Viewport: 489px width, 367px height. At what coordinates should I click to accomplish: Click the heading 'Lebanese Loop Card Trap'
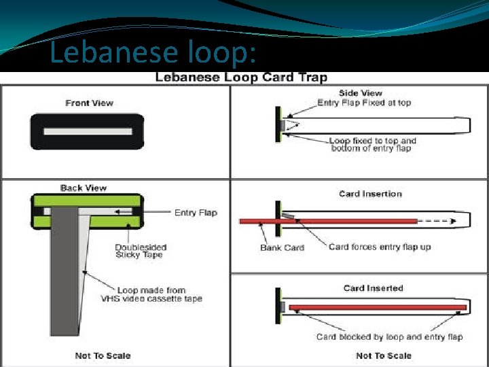[241, 77]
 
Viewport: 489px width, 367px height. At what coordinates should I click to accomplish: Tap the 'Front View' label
[89, 103]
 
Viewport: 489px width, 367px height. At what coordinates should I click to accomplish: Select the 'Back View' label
[84, 188]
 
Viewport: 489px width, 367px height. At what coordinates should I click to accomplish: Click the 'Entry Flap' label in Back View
[196, 213]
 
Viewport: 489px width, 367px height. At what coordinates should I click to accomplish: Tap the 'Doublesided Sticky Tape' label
[141, 251]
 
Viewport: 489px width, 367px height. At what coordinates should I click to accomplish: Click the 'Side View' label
[360, 93]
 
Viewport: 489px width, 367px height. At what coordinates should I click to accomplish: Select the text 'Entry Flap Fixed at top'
[364, 103]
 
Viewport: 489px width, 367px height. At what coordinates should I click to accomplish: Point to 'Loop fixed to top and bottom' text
[373, 144]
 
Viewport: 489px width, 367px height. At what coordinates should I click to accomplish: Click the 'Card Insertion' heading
[370, 194]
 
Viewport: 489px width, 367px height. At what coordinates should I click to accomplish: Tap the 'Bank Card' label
[282, 247]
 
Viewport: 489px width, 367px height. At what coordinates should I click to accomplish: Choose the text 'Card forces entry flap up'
[380, 247]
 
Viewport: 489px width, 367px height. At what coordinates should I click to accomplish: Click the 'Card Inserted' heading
[373, 288]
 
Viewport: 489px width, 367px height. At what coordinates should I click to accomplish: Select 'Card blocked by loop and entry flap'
[389, 336]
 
